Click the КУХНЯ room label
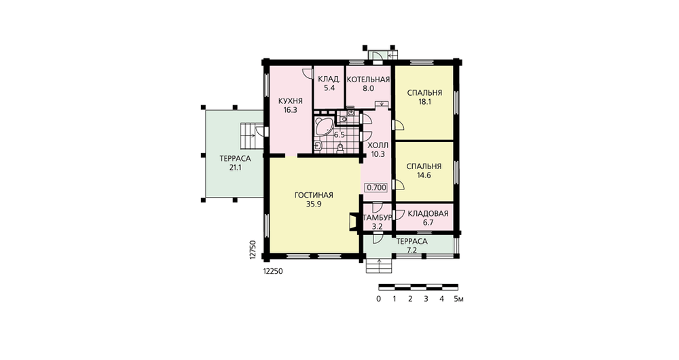(290, 101)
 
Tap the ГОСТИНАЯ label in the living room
(314, 195)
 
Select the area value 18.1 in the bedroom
(424, 103)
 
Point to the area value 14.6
(424, 175)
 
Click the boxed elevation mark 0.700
(376, 187)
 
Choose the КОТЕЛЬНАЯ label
(369, 79)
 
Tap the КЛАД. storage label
(329, 79)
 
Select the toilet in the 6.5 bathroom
(340, 148)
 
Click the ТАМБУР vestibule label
(377, 217)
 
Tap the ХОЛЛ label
(378, 145)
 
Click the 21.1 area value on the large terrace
(235, 168)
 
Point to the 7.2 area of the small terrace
(412, 251)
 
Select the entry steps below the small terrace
(380, 266)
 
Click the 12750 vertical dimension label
(253, 250)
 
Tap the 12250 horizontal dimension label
(273, 271)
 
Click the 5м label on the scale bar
(458, 299)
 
